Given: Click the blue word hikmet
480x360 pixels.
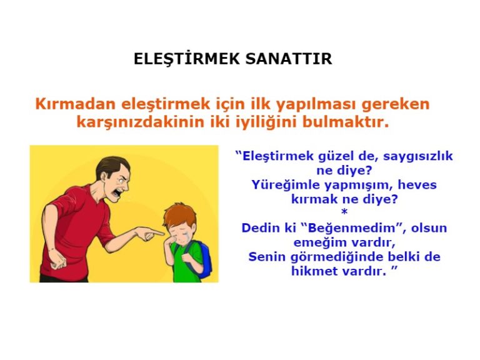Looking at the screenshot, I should (316, 271).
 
